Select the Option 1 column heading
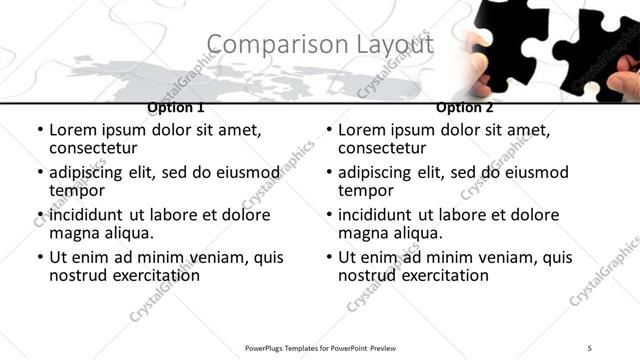tap(176, 107)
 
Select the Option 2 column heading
tap(465, 107)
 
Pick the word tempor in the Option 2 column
tap(364, 190)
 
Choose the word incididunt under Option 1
tap(87, 215)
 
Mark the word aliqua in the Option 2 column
tap(417, 233)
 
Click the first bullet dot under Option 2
tap(329, 130)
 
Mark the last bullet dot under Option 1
tap(40, 258)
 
